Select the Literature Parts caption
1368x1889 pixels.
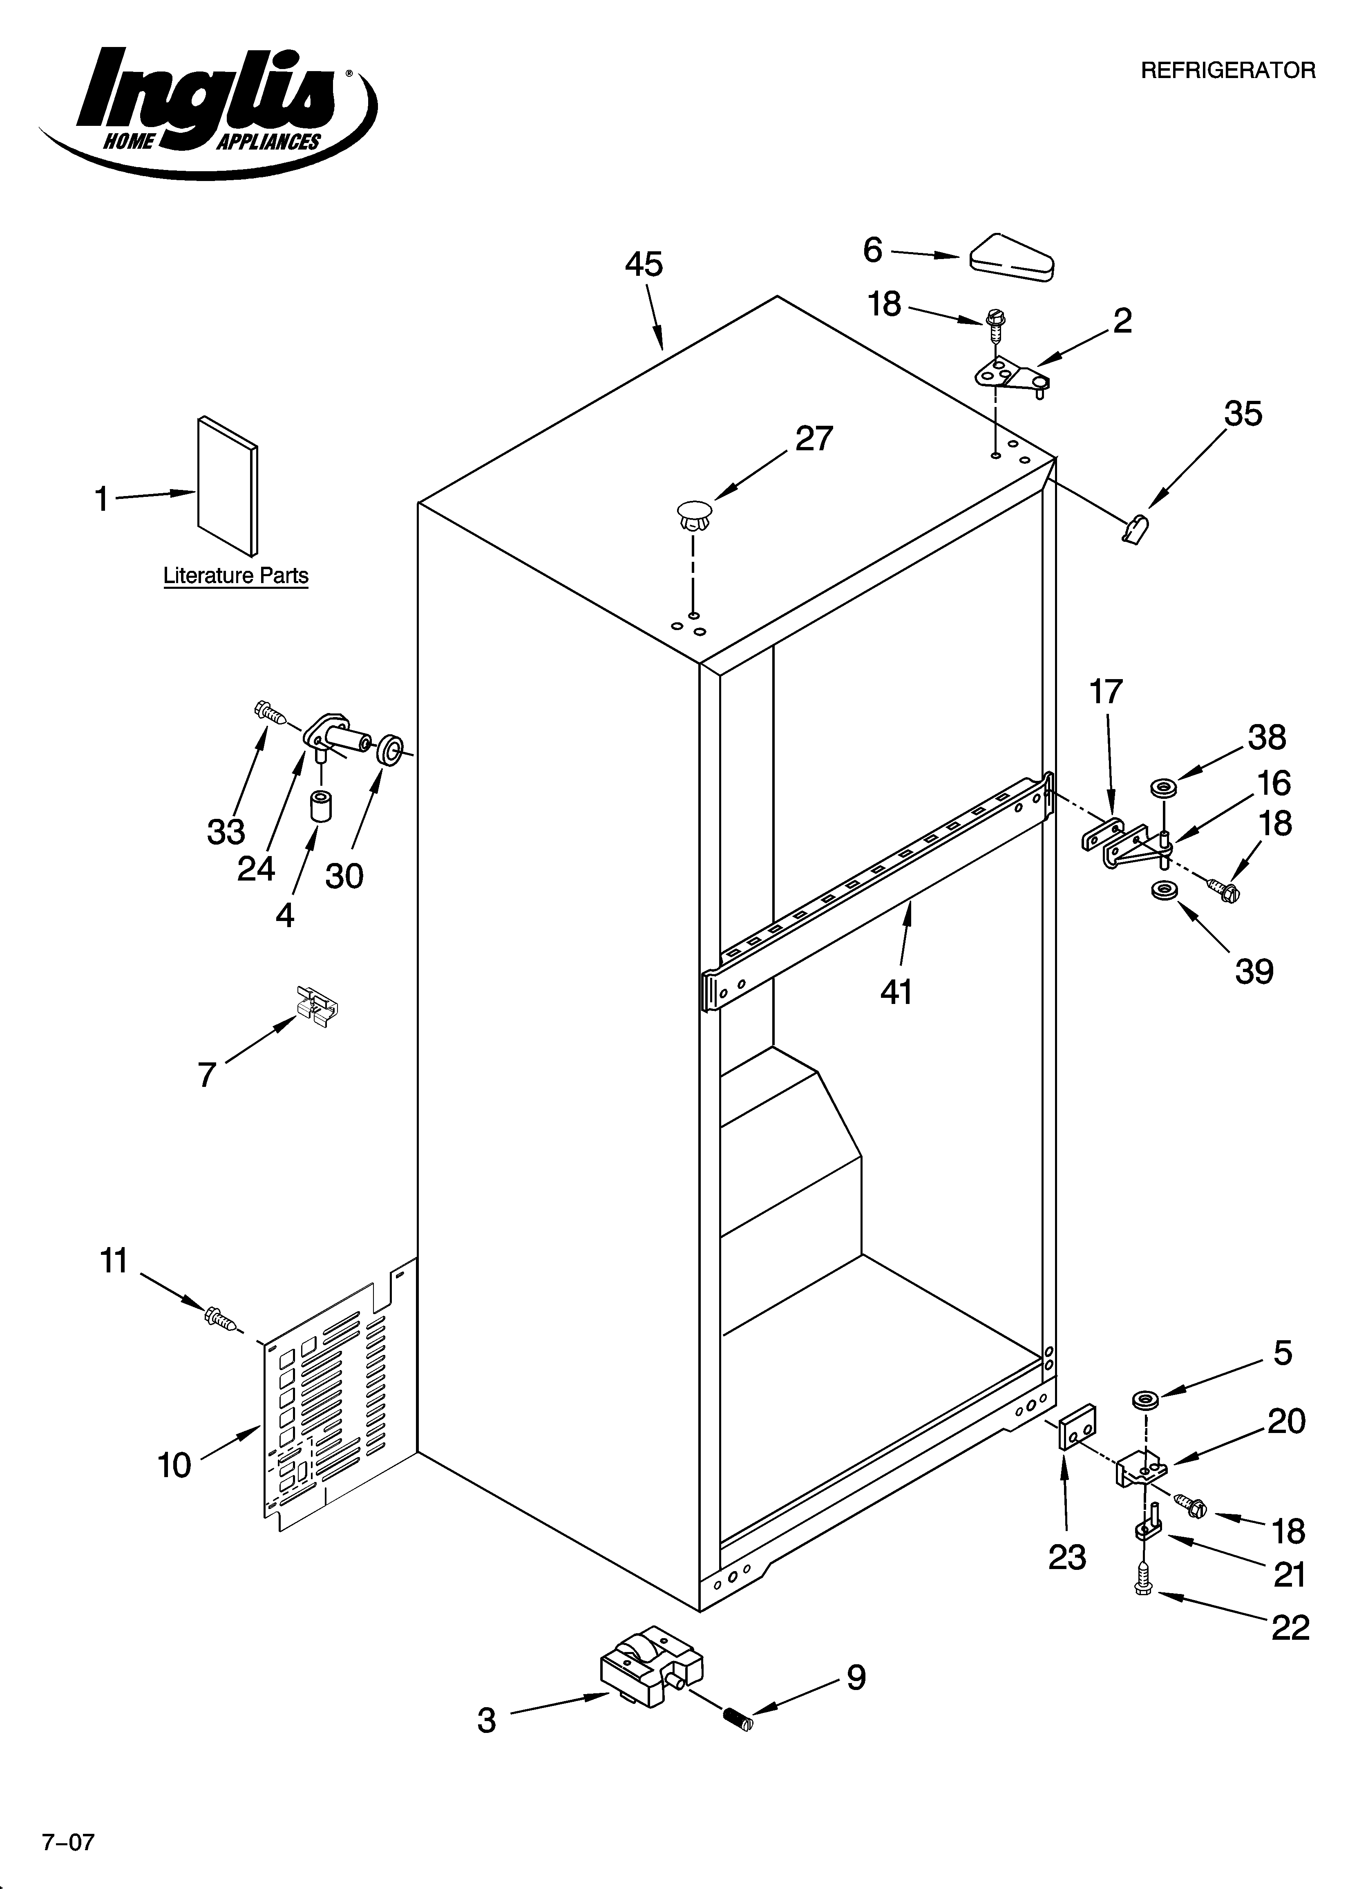tap(236, 576)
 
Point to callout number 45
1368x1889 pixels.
tap(644, 265)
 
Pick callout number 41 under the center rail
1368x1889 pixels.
tap(896, 991)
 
